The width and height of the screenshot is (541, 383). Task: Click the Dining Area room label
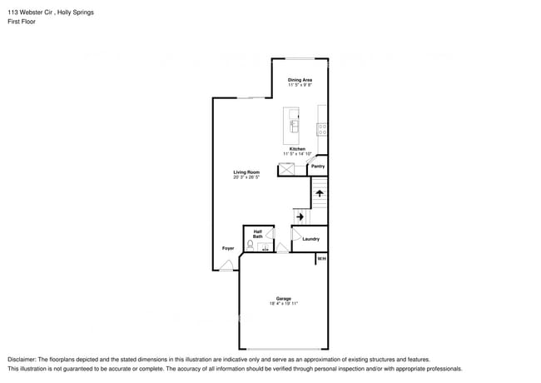click(300, 80)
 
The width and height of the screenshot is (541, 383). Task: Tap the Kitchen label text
click(297, 149)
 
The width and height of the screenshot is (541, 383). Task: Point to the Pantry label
click(317, 167)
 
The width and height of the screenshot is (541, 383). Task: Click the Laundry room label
click(310, 239)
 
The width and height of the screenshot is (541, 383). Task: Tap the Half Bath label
click(258, 235)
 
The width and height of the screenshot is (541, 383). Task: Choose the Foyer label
click(227, 248)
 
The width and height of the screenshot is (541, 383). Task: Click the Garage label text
click(283, 299)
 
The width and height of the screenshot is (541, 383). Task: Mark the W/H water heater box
click(321, 259)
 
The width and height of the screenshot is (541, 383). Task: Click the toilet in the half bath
click(250, 246)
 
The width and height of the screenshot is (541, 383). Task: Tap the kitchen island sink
click(294, 126)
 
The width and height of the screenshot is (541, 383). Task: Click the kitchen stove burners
click(322, 130)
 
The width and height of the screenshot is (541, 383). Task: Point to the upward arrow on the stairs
click(319, 193)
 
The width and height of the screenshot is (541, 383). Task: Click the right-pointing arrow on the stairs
click(300, 216)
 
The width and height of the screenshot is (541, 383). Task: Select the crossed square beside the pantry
click(287, 169)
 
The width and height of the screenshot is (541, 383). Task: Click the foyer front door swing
click(226, 266)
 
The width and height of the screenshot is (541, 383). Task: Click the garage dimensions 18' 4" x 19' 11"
click(283, 304)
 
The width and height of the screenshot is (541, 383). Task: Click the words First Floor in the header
click(22, 22)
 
